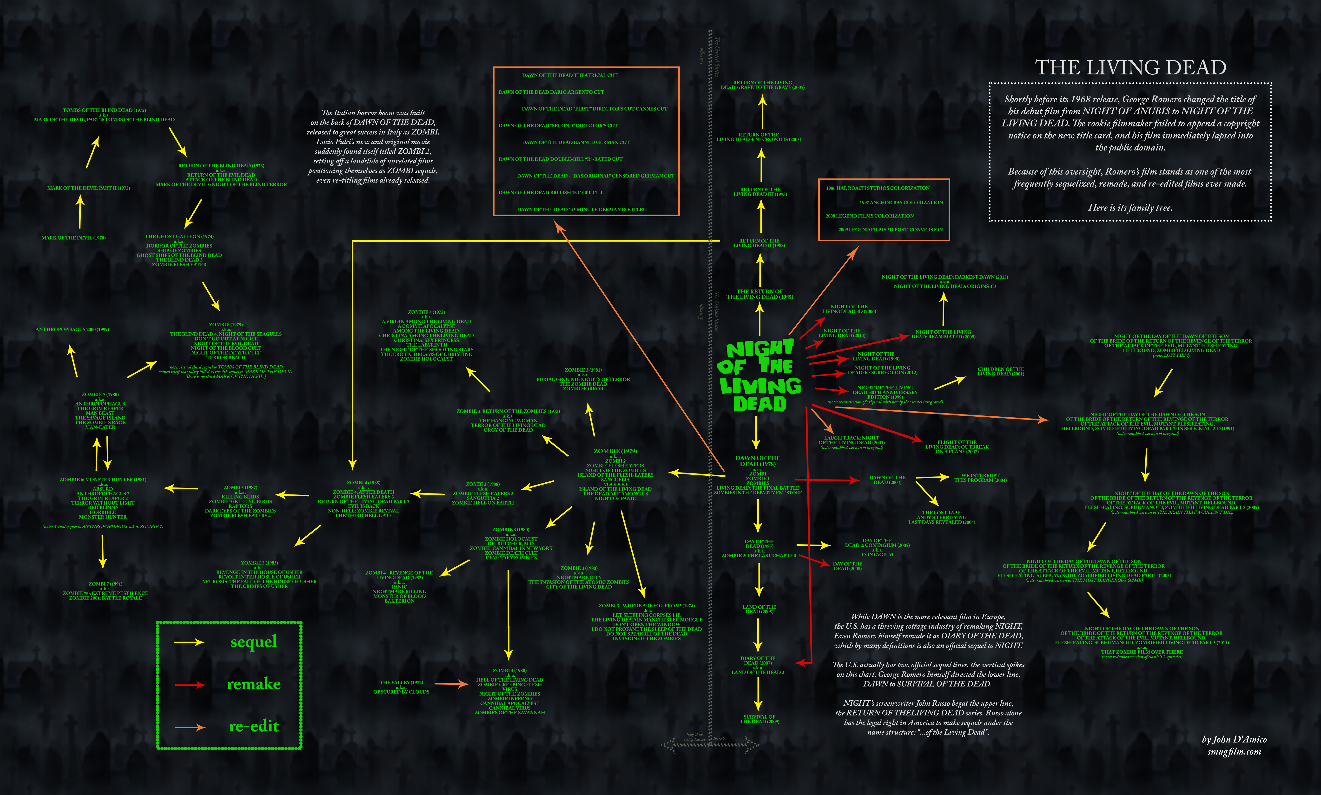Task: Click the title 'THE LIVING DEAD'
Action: point(1130,67)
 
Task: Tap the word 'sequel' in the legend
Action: point(253,642)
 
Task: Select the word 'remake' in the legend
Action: point(253,684)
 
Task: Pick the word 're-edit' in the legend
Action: point(253,726)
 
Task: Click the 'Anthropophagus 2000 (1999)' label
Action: point(72,329)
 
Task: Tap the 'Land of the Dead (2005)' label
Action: point(759,609)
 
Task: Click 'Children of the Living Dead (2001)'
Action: point(1000,372)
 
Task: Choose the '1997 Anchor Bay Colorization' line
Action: point(901,203)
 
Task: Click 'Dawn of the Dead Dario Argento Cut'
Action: point(551,92)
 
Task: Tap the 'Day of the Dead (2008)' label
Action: point(847,566)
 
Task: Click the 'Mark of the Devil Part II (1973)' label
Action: point(88,188)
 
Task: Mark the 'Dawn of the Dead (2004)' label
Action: point(887,480)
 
